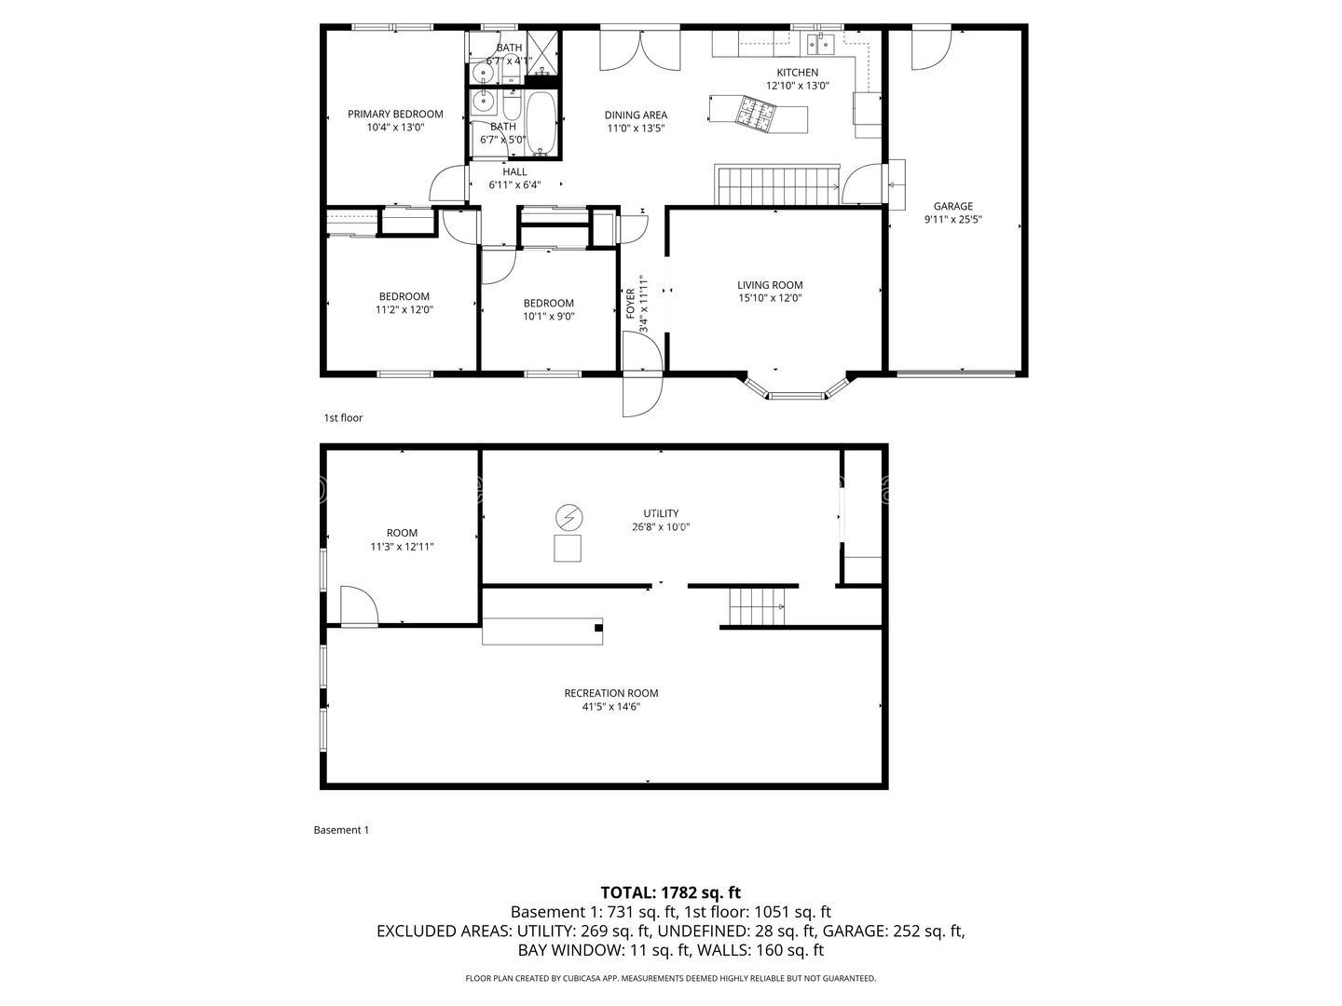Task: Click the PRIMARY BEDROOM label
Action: click(x=395, y=115)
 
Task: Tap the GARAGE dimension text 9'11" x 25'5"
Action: click(x=953, y=221)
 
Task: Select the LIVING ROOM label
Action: click(x=770, y=285)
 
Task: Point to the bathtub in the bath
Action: click(x=541, y=123)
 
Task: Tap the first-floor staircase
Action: click(x=777, y=184)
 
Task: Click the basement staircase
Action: click(x=757, y=607)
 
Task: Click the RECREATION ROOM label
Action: click(x=610, y=693)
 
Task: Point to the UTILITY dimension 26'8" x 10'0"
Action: click(x=660, y=527)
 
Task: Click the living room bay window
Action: click(x=797, y=395)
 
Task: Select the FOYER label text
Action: click(x=631, y=304)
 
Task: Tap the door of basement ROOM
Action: click(x=359, y=606)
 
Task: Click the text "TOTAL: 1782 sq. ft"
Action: click(x=670, y=892)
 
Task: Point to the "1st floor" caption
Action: click(x=343, y=418)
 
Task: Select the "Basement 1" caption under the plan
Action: click(x=341, y=830)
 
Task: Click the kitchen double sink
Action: click(x=820, y=43)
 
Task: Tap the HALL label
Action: click(x=514, y=171)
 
